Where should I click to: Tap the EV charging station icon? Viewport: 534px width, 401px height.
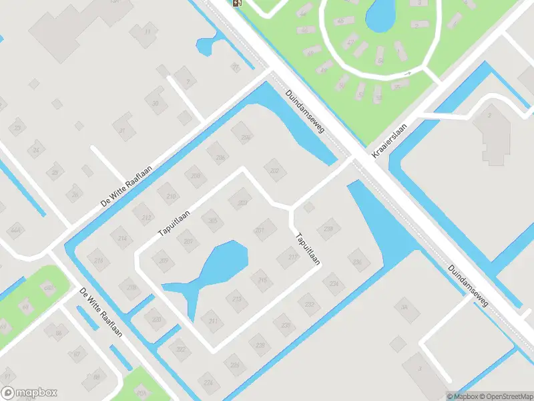(237, 3)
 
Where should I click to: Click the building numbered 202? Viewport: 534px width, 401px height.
(274, 170)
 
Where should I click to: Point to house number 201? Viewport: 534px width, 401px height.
(261, 231)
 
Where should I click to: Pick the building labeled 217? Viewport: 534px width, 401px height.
(291, 256)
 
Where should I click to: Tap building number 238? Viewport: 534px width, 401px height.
(328, 229)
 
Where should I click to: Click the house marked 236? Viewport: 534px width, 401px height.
(358, 261)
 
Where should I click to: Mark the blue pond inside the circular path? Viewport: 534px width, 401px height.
(380, 15)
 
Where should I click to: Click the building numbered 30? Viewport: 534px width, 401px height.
(155, 102)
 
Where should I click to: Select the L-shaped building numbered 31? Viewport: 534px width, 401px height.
(123, 130)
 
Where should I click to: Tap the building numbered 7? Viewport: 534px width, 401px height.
(188, 83)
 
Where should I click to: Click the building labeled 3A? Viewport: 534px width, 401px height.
(404, 307)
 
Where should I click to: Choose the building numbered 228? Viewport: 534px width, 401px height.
(286, 325)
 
